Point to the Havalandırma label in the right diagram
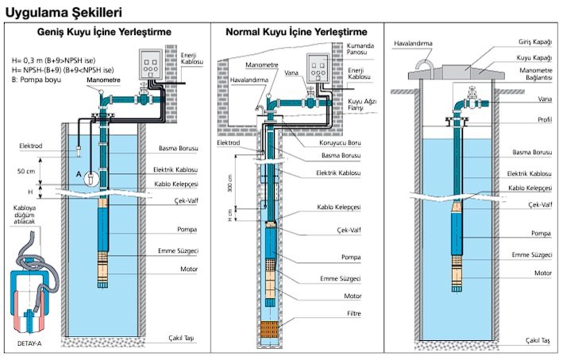[x=411, y=43]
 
